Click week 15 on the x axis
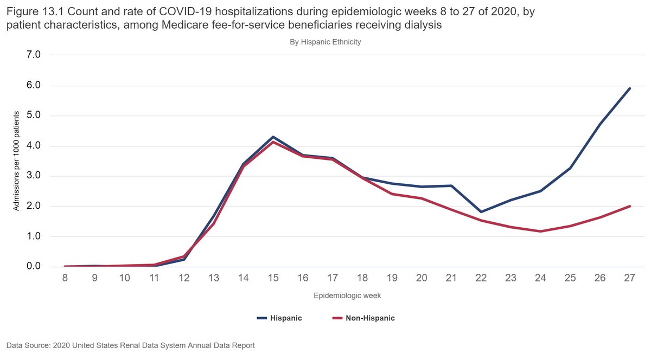coord(273,278)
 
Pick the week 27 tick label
coord(629,278)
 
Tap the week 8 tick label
coord(65,278)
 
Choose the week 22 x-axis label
coord(481,278)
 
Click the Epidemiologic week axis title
coord(347,296)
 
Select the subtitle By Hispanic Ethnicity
coord(325,42)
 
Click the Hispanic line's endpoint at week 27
coord(629,88)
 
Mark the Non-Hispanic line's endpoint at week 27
coord(629,206)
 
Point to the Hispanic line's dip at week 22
coord(481,211)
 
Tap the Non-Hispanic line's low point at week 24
coord(540,232)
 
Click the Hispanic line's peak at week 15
coord(273,137)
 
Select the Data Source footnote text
coord(130,345)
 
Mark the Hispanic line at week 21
coord(451,185)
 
